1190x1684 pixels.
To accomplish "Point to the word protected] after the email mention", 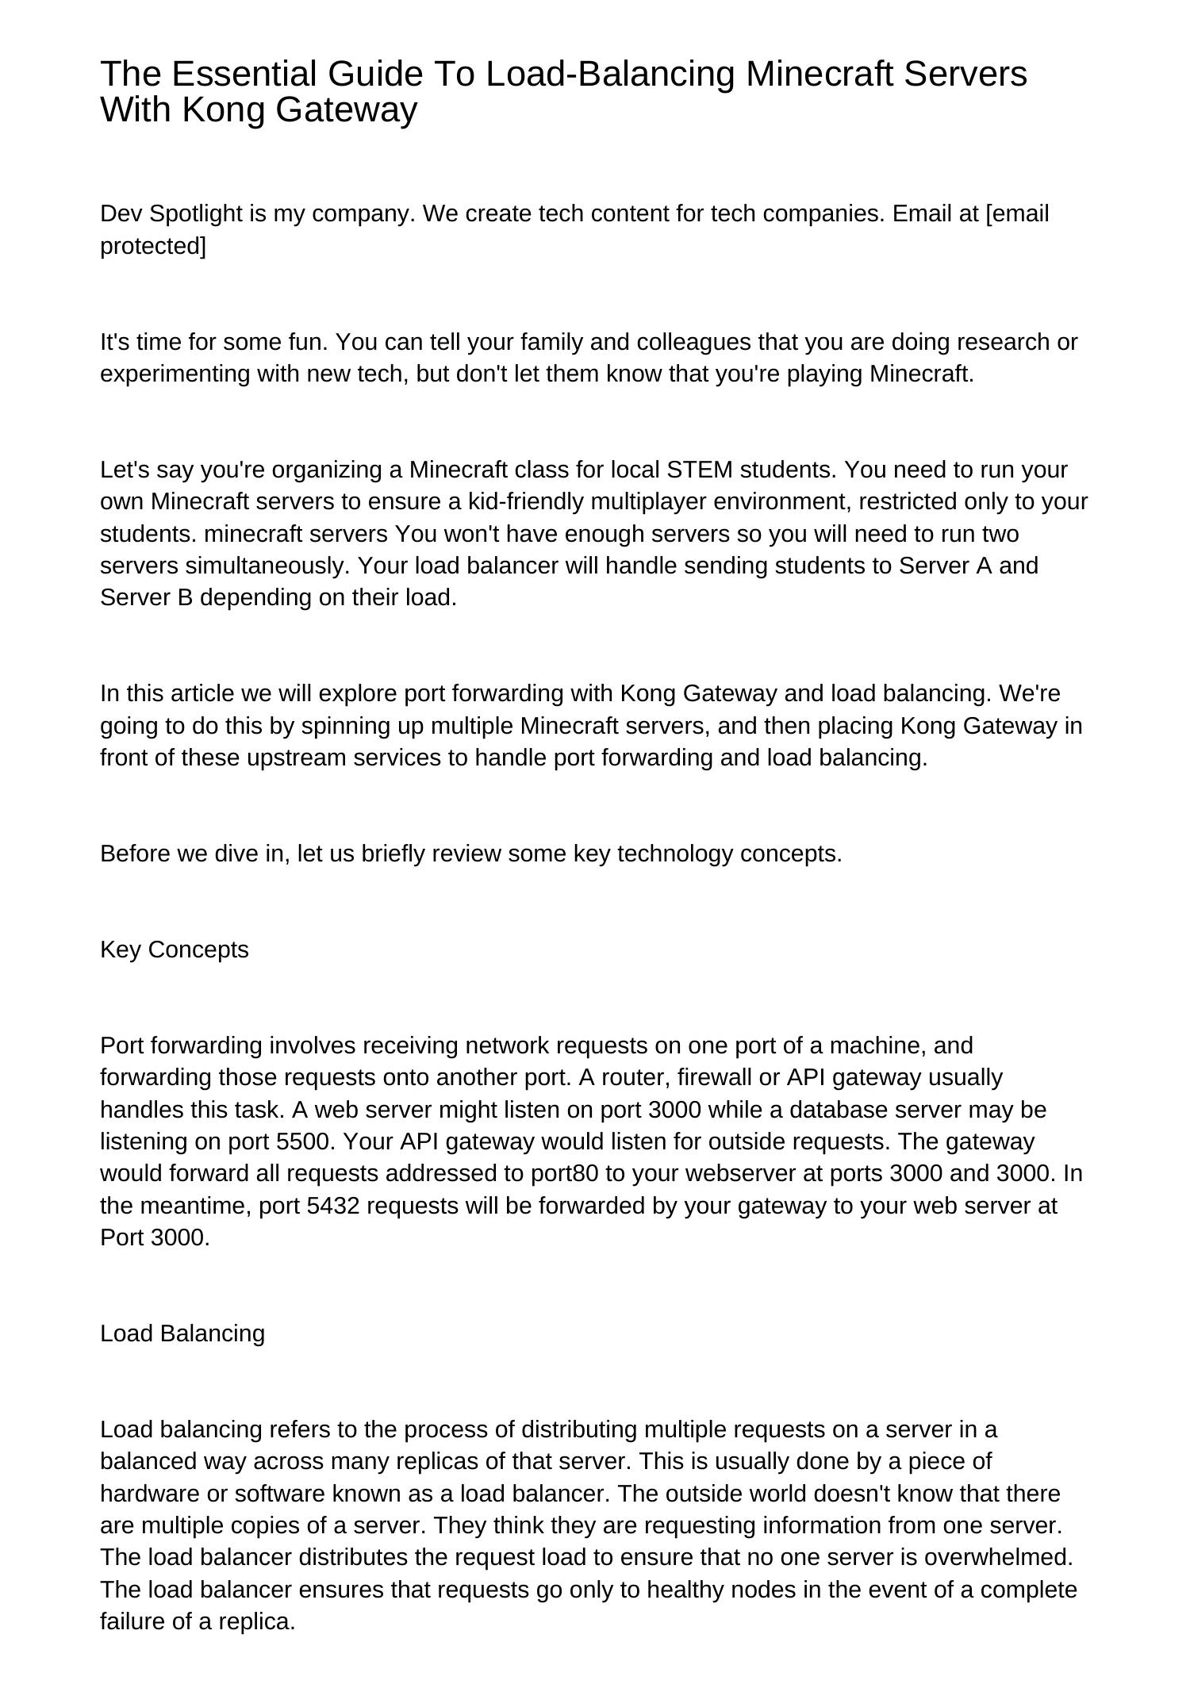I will (x=153, y=246).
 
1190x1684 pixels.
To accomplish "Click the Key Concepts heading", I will (x=175, y=949).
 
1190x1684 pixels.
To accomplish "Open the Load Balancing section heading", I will (x=182, y=1333).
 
